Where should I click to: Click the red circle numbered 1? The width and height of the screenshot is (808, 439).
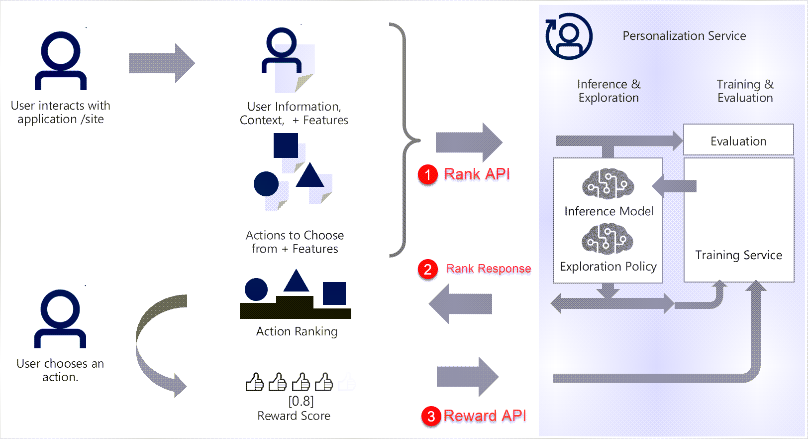point(427,174)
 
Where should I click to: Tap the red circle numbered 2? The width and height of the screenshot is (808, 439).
point(427,269)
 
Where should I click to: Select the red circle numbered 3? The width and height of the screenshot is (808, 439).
point(431,416)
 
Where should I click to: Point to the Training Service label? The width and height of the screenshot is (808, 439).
point(738,255)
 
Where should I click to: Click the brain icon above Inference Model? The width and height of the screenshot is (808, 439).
point(608,183)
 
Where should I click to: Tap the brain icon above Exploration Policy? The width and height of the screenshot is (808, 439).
point(607,239)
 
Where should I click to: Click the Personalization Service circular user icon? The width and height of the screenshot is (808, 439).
point(569,36)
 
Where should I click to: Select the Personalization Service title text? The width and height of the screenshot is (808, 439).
point(684,36)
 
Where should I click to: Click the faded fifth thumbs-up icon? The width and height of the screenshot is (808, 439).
point(347,383)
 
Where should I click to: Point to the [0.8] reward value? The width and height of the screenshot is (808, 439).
point(301,401)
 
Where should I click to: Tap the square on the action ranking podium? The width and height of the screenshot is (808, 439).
point(334,293)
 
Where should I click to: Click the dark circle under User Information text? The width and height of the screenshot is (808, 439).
point(266,184)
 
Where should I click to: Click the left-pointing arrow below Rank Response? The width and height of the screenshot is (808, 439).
point(460,303)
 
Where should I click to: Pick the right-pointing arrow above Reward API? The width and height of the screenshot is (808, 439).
point(467,377)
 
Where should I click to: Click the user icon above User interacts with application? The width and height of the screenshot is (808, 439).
point(61,61)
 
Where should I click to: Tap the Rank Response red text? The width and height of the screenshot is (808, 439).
point(488,269)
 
